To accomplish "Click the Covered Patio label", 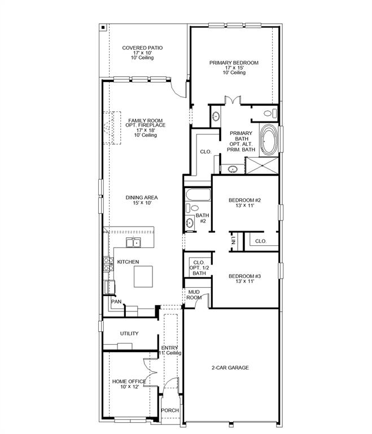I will pyautogui.click(x=142, y=48).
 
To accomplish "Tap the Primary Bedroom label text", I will pyautogui.click(x=234, y=63).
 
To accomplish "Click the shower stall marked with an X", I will pyautogui.click(x=262, y=167).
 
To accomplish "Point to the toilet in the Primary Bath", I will pyautogui.click(x=269, y=113).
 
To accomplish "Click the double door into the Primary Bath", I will pyautogui.click(x=233, y=101).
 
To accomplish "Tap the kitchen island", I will pyautogui.click(x=143, y=277).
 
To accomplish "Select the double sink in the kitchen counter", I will pyautogui.click(x=134, y=243).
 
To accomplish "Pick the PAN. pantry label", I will pyautogui.click(x=116, y=302).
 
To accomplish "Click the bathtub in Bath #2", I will pyautogui.click(x=198, y=196).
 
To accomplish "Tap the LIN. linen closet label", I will pyautogui.click(x=233, y=241).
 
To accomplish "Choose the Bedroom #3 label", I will pyautogui.click(x=244, y=276).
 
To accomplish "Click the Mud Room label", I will pyautogui.click(x=194, y=294).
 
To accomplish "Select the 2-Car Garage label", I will pyautogui.click(x=230, y=368).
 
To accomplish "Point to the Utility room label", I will pyautogui.click(x=129, y=333).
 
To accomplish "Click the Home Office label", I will pyautogui.click(x=129, y=382).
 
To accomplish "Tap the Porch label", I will pyautogui.click(x=170, y=410).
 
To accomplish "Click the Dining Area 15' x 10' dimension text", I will pyautogui.click(x=142, y=203).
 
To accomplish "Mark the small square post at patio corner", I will pyautogui.click(x=102, y=27).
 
